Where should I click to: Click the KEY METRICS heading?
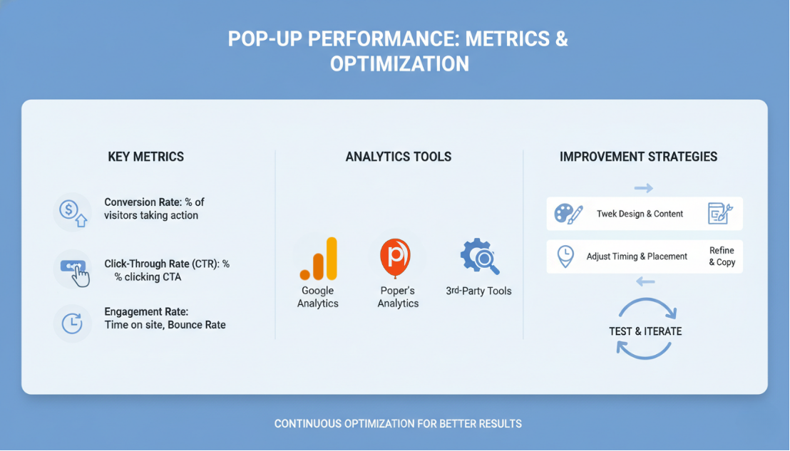tap(145, 157)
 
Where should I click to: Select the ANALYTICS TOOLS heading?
tap(399, 157)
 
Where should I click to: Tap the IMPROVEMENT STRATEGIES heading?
tap(638, 157)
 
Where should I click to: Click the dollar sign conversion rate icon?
tap(72, 212)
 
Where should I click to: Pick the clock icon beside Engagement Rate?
tap(72, 323)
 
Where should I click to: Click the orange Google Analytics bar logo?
tap(318, 259)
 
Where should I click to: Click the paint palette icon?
tap(568, 214)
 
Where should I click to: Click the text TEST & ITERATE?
tap(645, 331)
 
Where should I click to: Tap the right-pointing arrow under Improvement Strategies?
tap(644, 188)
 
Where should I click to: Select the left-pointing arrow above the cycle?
tap(645, 282)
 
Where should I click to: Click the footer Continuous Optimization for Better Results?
tap(398, 424)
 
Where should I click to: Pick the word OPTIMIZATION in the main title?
tap(399, 64)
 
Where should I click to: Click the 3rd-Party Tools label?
tap(478, 291)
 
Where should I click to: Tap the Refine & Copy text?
tap(722, 256)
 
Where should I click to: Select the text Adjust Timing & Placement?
tap(637, 256)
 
